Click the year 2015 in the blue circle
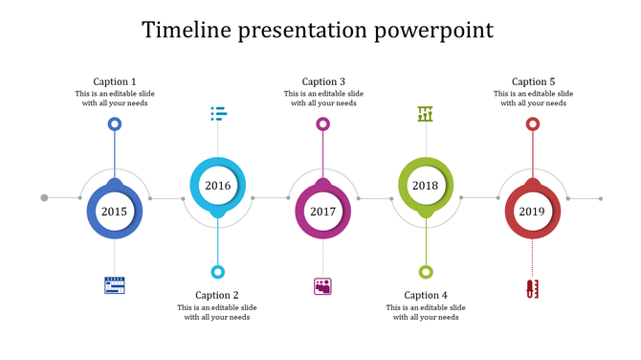coord(114,212)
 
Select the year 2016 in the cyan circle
coord(218,185)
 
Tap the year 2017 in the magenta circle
coord(322,212)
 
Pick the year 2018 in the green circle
coord(426,185)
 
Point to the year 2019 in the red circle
coord(532,212)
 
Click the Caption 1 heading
coord(115,81)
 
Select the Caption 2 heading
coord(217,295)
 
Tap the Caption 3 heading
coord(323,81)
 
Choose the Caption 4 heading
coord(426,295)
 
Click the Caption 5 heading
coord(533,81)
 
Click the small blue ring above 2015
coord(115,124)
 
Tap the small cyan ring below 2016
coord(218,272)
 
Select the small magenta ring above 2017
coord(323,124)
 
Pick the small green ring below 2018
coord(426,272)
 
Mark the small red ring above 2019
coord(533,124)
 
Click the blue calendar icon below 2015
coord(115,285)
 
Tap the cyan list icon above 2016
coord(218,115)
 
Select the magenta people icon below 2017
coord(322,286)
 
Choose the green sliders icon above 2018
coord(426,115)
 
